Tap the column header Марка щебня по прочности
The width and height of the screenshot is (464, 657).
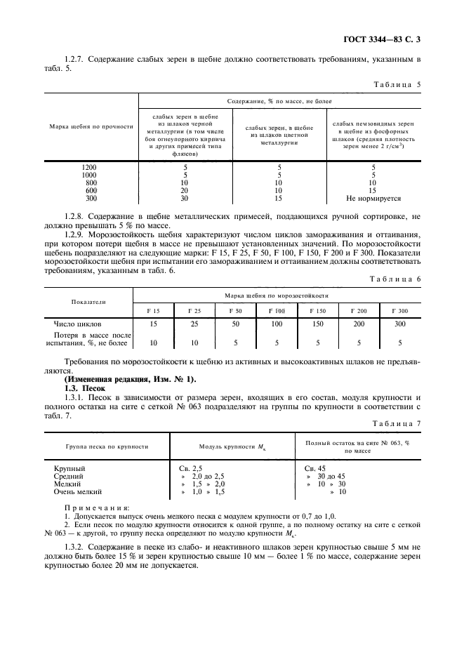(x=91, y=126)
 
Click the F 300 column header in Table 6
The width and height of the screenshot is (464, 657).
(x=399, y=310)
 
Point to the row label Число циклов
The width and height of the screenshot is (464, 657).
(x=78, y=324)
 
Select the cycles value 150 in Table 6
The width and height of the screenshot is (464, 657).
(x=317, y=324)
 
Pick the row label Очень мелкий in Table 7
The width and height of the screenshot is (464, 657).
(x=78, y=493)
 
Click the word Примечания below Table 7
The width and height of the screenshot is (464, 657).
(x=96, y=507)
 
